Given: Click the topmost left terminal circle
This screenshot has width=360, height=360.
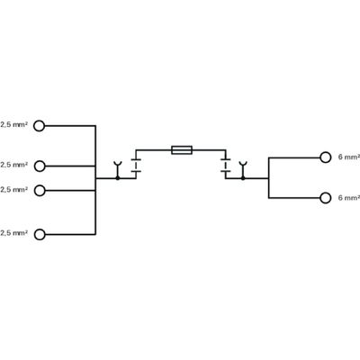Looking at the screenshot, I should click(39, 125).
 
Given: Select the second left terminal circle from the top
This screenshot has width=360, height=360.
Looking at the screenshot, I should click(39, 165).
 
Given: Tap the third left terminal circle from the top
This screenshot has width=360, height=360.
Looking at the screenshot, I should click(39, 189).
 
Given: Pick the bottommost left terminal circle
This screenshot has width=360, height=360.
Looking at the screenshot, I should click(39, 233).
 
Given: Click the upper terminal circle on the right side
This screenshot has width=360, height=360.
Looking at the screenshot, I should click(326, 157).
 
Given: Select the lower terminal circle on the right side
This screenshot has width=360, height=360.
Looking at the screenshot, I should click(326, 196).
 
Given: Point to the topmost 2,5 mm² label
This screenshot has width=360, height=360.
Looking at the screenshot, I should click(13, 125).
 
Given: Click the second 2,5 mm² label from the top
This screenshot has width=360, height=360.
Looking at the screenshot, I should click(13, 165).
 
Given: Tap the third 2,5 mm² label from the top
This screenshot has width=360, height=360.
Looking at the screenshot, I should click(13, 189).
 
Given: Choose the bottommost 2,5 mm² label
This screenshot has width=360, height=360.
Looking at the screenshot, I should click(13, 233).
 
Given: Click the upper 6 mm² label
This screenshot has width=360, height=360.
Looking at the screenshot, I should click(348, 157).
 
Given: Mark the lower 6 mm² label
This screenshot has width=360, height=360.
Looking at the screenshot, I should click(348, 196).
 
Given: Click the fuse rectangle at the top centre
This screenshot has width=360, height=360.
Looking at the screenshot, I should click(179, 149).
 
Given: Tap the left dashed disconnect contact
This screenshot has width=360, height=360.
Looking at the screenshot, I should click(136, 165).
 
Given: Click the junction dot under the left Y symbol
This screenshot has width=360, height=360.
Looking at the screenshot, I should click(118, 178).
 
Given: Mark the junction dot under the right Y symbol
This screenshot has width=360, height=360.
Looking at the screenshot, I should click(241, 178).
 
